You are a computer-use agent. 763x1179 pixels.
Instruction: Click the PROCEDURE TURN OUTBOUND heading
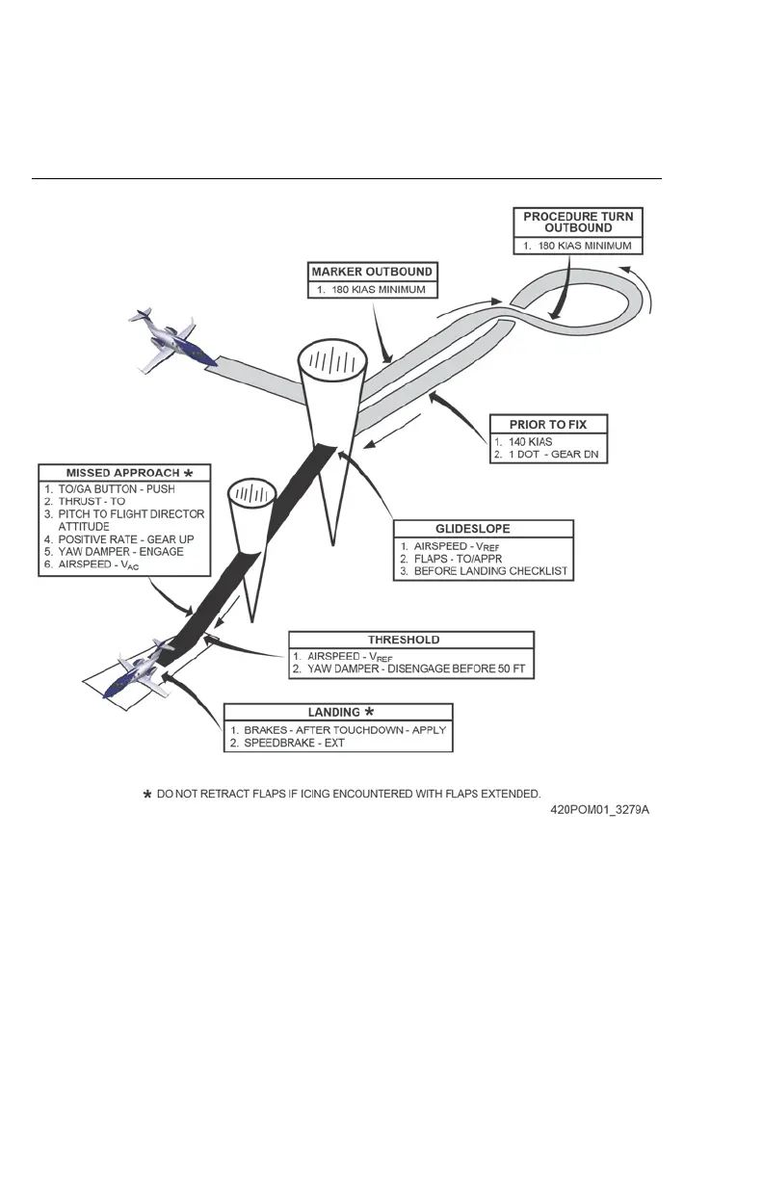(x=578, y=223)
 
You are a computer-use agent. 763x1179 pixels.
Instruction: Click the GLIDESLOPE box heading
(x=484, y=529)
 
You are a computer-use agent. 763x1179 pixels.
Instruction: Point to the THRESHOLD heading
(x=411, y=640)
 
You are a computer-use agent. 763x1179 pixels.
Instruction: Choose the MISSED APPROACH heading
(x=122, y=473)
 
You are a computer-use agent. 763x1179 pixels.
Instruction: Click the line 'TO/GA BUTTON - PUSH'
(x=110, y=488)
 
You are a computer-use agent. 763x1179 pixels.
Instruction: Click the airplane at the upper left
(x=168, y=342)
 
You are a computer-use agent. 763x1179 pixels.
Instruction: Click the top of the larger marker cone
(x=330, y=364)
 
